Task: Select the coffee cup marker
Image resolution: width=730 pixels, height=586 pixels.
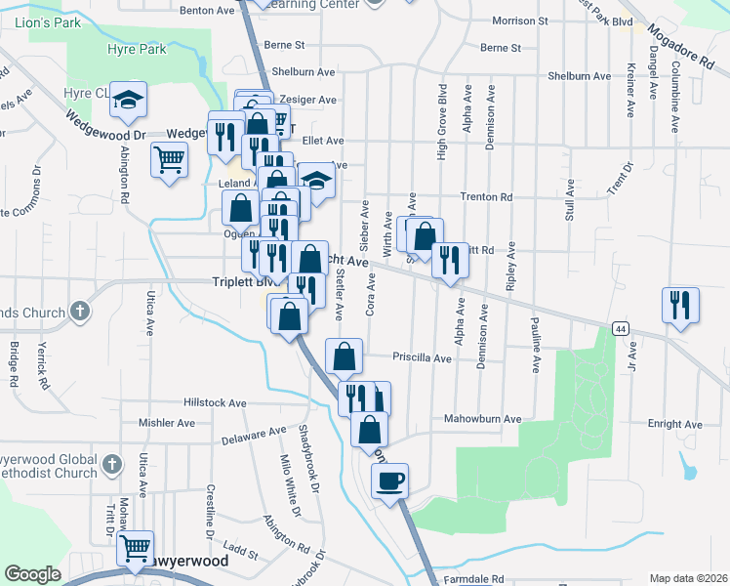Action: [390, 481]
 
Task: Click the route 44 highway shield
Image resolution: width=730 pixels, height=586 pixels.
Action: [621, 329]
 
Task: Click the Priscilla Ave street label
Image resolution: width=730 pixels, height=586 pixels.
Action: [422, 358]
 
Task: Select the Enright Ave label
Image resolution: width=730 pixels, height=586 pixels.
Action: [675, 425]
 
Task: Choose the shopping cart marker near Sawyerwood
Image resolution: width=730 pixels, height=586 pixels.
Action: [136, 548]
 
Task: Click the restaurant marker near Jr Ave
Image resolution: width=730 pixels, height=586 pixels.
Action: [679, 305]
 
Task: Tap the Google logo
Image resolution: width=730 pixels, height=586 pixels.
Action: [32, 575]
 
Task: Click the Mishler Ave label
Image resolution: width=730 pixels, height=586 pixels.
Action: [167, 423]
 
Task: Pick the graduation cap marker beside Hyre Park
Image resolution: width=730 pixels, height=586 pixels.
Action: [128, 99]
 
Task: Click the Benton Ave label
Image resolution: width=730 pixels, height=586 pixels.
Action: [208, 11]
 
